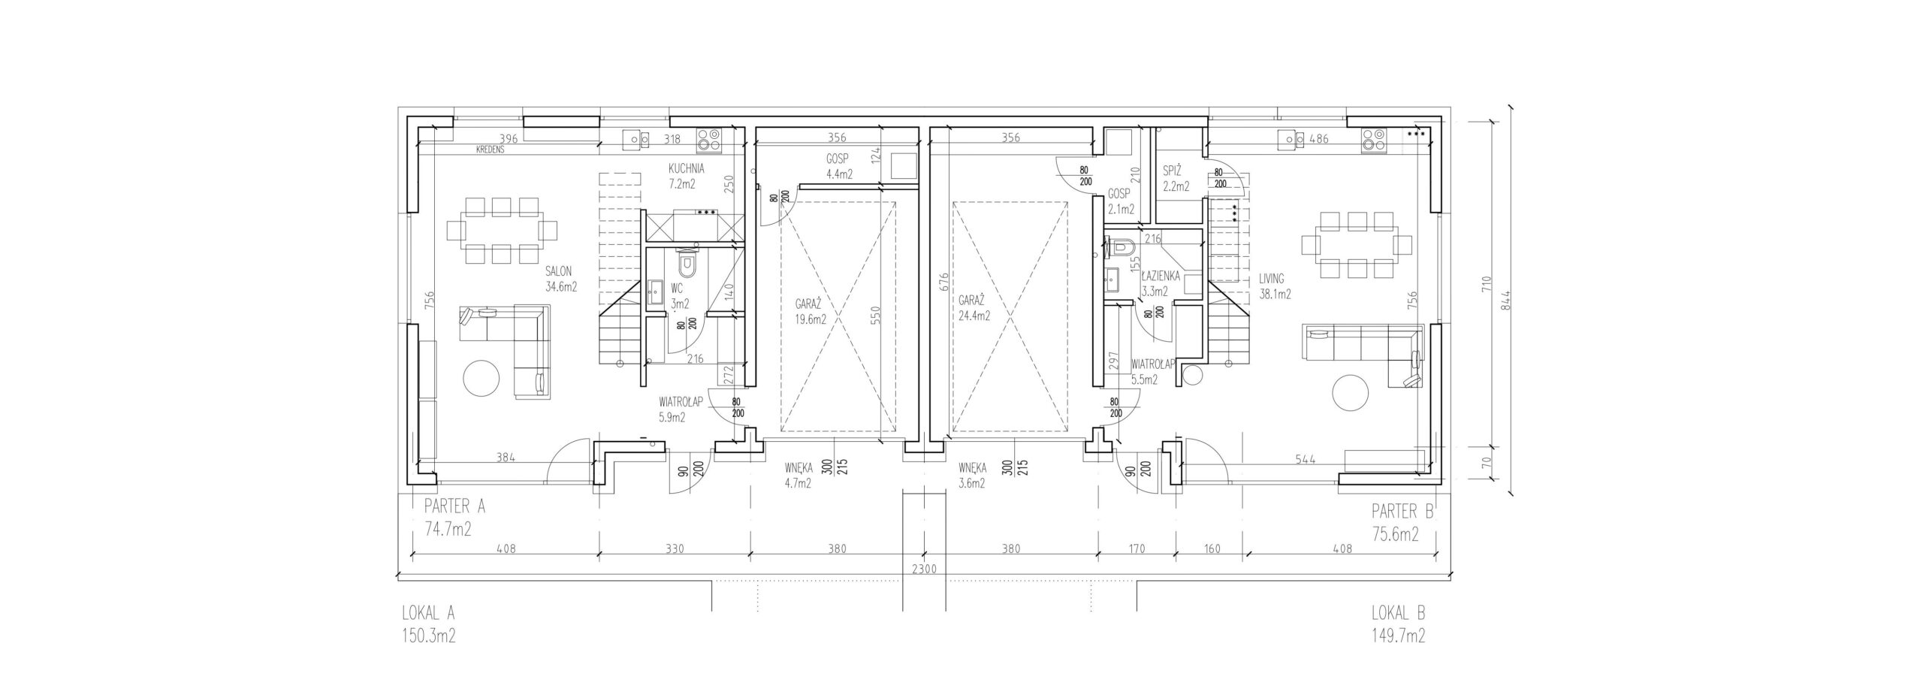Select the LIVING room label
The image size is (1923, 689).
pyautogui.click(x=1272, y=280)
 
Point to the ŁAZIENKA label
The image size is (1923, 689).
pyautogui.click(x=1161, y=277)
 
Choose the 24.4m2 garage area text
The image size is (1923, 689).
pyautogui.click(x=974, y=316)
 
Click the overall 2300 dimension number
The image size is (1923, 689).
pyautogui.click(x=923, y=570)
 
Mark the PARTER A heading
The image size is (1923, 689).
pyautogui.click(x=454, y=506)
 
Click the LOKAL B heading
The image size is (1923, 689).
pyautogui.click(x=1398, y=613)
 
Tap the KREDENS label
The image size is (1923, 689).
pyautogui.click(x=489, y=150)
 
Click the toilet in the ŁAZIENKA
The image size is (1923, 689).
pyautogui.click(x=1121, y=246)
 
